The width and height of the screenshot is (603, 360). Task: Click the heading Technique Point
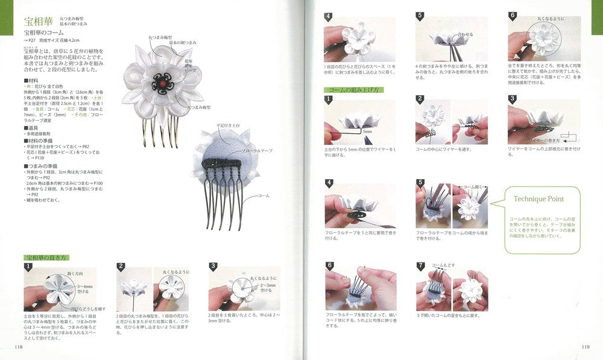click(x=538, y=198)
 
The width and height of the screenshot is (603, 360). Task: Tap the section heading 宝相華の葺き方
click(x=48, y=257)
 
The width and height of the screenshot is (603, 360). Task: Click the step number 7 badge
click(x=420, y=265)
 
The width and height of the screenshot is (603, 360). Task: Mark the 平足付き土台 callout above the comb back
click(x=226, y=126)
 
